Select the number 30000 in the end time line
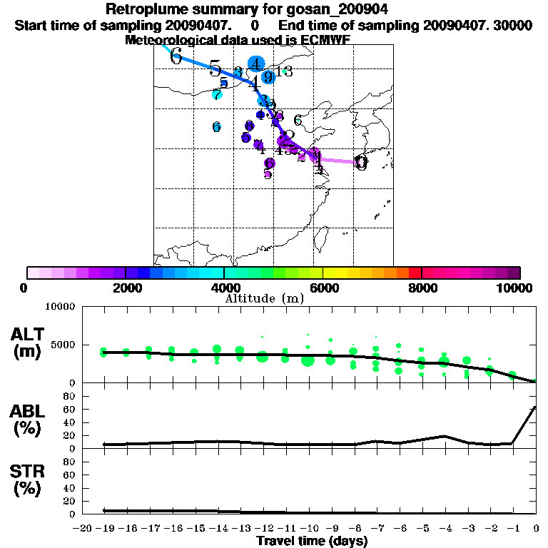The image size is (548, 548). pos(514,25)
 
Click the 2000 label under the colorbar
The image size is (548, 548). pos(126,288)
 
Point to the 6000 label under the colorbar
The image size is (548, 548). pos(323,288)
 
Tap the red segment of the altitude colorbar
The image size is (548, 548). pos(415,272)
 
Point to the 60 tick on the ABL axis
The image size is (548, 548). pos(70,409)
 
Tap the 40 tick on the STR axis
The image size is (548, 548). pos(70,487)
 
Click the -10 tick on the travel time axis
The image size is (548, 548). pos(307,529)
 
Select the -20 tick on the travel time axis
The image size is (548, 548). pos(83,529)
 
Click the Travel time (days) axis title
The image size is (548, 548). pos(312,541)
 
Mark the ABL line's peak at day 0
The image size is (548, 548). pos(535,407)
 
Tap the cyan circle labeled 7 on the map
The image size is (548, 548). pos(217,94)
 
